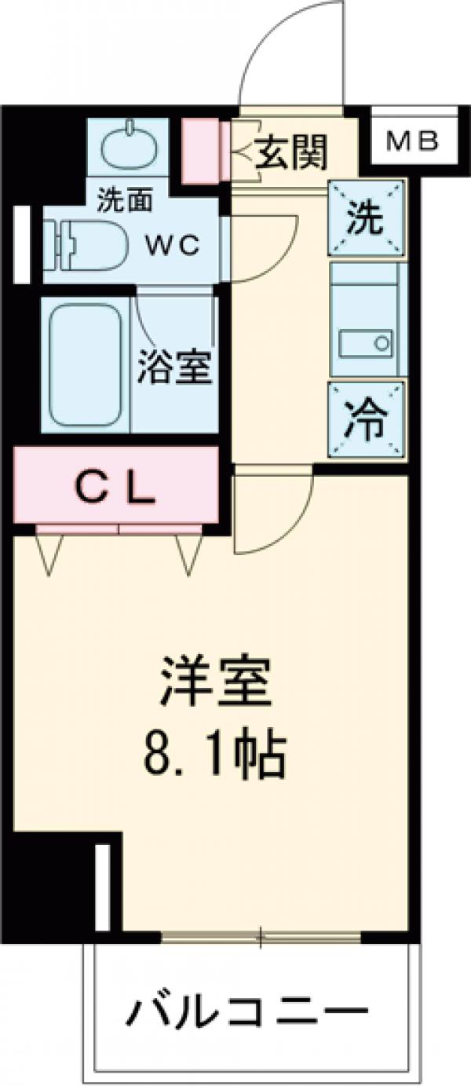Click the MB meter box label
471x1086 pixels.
pos(414,142)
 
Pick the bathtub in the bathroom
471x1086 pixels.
pos(86,363)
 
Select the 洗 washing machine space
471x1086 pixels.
pos(367,218)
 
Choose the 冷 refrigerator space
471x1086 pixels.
pos(367,421)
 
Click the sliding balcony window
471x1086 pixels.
pos(261,936)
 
